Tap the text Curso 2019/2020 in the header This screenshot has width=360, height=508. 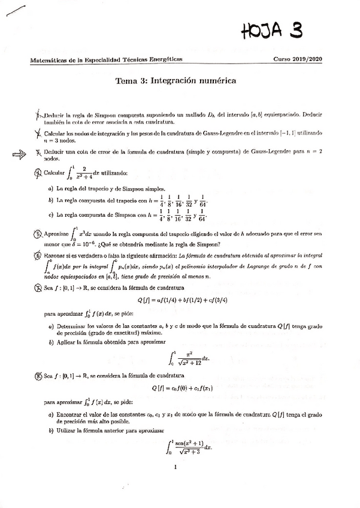[x=298, y=60]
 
